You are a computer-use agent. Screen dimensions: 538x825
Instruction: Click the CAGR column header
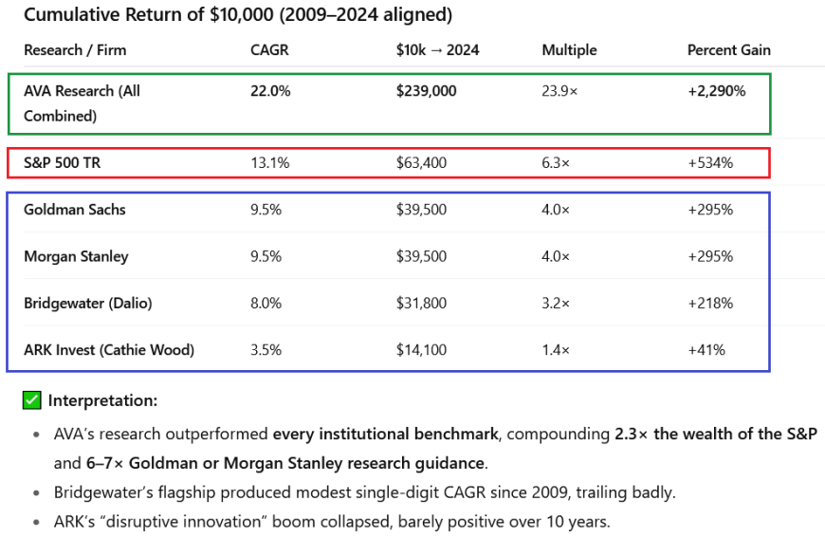[269, 49]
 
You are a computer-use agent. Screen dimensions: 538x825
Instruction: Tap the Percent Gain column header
[728, 49]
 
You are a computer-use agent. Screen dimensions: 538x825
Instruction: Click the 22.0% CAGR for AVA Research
[270, 91]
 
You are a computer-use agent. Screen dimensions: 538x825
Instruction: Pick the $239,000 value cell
[427, 91]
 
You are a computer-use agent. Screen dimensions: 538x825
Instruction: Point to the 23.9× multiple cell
[559, 91]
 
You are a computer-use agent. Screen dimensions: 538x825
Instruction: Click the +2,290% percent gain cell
[716, 91]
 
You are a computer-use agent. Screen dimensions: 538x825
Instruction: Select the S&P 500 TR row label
[62, 162]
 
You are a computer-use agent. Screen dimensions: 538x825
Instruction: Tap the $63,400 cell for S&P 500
[422, 162]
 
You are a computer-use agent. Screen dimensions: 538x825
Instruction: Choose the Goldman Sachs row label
[75, 210]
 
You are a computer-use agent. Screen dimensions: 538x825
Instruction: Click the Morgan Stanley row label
[76, 256]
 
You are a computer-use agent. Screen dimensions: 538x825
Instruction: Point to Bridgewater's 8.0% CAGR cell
[266, 304]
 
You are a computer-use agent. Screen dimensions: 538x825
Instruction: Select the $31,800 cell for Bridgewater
[421, 304]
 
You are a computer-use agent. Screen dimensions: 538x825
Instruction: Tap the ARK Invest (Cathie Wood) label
[109, 350]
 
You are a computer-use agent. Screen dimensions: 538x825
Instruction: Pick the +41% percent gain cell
[706, 350]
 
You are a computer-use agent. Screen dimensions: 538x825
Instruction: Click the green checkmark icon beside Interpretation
[32, 400]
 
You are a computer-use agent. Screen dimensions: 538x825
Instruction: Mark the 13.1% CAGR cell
[269, 162]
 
